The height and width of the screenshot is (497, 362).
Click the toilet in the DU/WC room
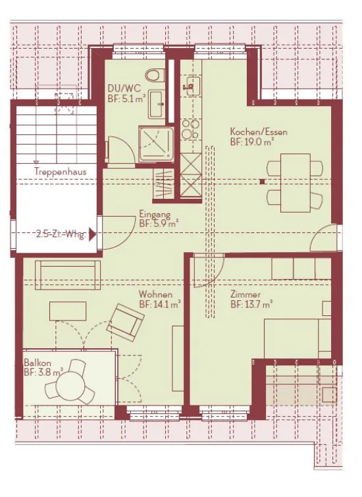(155, 75)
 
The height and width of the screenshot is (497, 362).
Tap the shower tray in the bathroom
(156, 144)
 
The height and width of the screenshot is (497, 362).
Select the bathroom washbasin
(157, 104)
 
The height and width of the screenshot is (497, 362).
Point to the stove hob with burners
(190, 129)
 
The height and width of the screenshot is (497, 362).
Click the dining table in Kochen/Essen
(295, 183)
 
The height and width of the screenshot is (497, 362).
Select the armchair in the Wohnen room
(125, 323)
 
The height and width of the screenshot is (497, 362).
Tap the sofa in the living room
(68, 275)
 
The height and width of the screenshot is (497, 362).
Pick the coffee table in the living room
(68, 311)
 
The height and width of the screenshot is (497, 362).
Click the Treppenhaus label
(61, 171)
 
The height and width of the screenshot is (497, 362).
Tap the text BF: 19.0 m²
(252, 142)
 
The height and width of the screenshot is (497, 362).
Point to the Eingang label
(155, 214)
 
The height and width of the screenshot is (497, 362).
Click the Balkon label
(38, 363)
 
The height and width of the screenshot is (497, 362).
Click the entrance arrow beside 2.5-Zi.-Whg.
(93, 235)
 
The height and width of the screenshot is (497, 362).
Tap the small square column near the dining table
(262, 182)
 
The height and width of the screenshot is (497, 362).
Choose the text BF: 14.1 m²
(160, 305)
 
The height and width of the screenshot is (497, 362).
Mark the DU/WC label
(124, 88)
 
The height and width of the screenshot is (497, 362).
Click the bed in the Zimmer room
(297, 338)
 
